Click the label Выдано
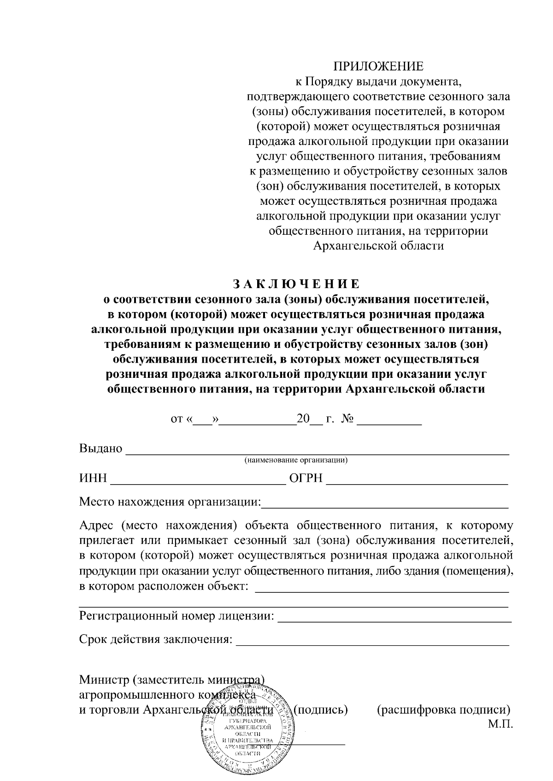pos(101,449)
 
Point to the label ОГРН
pos(306,479)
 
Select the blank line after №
pos(389,422)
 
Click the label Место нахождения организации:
pos(170,502)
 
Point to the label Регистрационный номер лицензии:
pos(177,616)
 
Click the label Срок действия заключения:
pos(155,640)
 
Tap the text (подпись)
pos(320,709)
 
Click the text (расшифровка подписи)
pos(443,709)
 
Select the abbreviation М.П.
pos(500,724)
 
